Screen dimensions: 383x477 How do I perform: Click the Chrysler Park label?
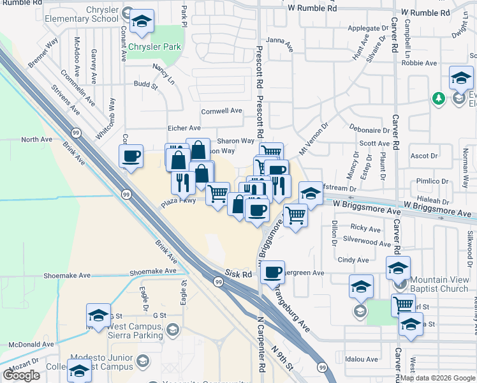[154, 47]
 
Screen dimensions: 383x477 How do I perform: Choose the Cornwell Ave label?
[221, 110]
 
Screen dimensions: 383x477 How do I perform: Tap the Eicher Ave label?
[184, 128]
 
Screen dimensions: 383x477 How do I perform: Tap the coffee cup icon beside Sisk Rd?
[273, 273]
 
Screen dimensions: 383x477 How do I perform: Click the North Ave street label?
[36, 139]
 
